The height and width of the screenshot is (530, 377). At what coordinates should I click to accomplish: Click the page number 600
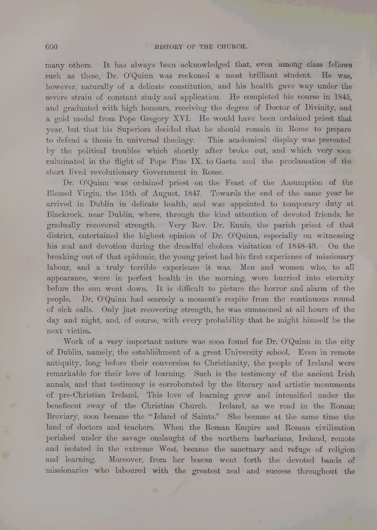[x=52, y=46]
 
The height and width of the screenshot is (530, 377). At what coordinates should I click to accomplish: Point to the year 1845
[x=339, y=97]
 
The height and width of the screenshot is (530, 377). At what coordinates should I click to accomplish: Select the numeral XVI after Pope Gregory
[x=179, y=118]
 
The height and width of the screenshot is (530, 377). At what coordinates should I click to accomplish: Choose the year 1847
[x=188, y=192]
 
